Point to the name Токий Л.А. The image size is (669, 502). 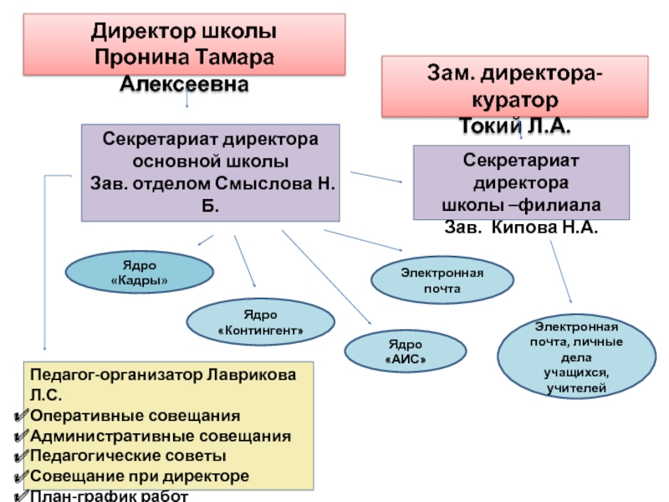pyautogui.click(x=516, y=126)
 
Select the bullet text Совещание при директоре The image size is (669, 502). pyautogui.click(x=139, y=476)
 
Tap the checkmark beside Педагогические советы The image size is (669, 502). pyautogui.click(x=23, y=456)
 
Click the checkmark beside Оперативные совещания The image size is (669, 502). pyautogui.click(x=23, y=416)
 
